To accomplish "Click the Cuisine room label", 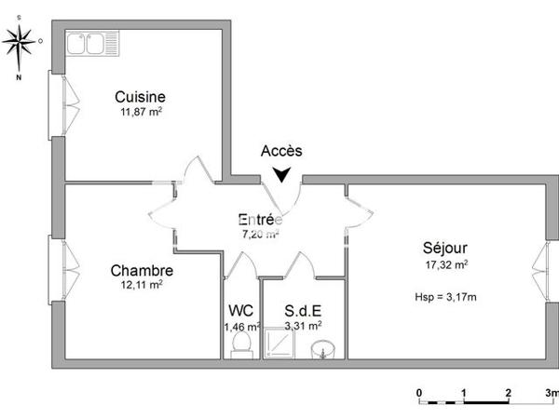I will point(140,96).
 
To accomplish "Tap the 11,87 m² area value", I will point(140,113).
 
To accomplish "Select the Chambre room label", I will point(142,271).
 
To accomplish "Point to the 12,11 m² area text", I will point(142,286).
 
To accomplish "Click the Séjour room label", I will point(444,248).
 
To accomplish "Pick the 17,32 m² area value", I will point(444,264).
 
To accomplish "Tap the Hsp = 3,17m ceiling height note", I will point(444,297).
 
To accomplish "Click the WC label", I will point(240,311).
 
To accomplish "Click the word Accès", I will point(281,151).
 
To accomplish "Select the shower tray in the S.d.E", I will point(279,345).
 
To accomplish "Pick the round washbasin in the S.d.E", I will point(321,350).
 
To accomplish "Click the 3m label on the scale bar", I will point(551,393).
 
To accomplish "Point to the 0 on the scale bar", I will point(420,393).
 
